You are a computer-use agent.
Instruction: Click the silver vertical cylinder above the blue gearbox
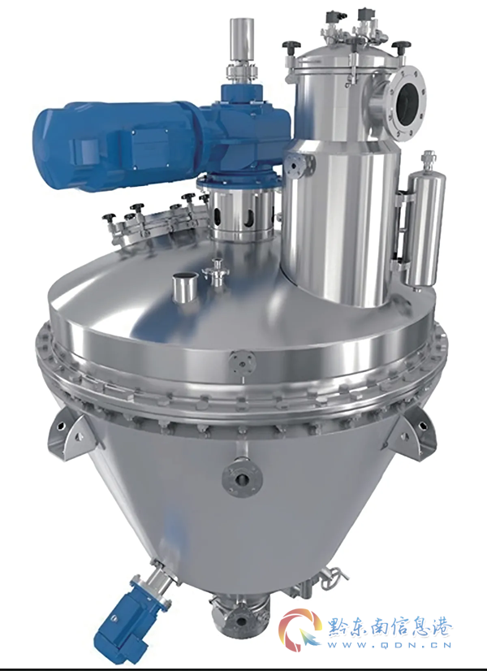[242, 41]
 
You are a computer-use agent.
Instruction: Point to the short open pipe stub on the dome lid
[185, 287]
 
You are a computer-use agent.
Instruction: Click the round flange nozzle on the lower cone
[242, 477]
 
